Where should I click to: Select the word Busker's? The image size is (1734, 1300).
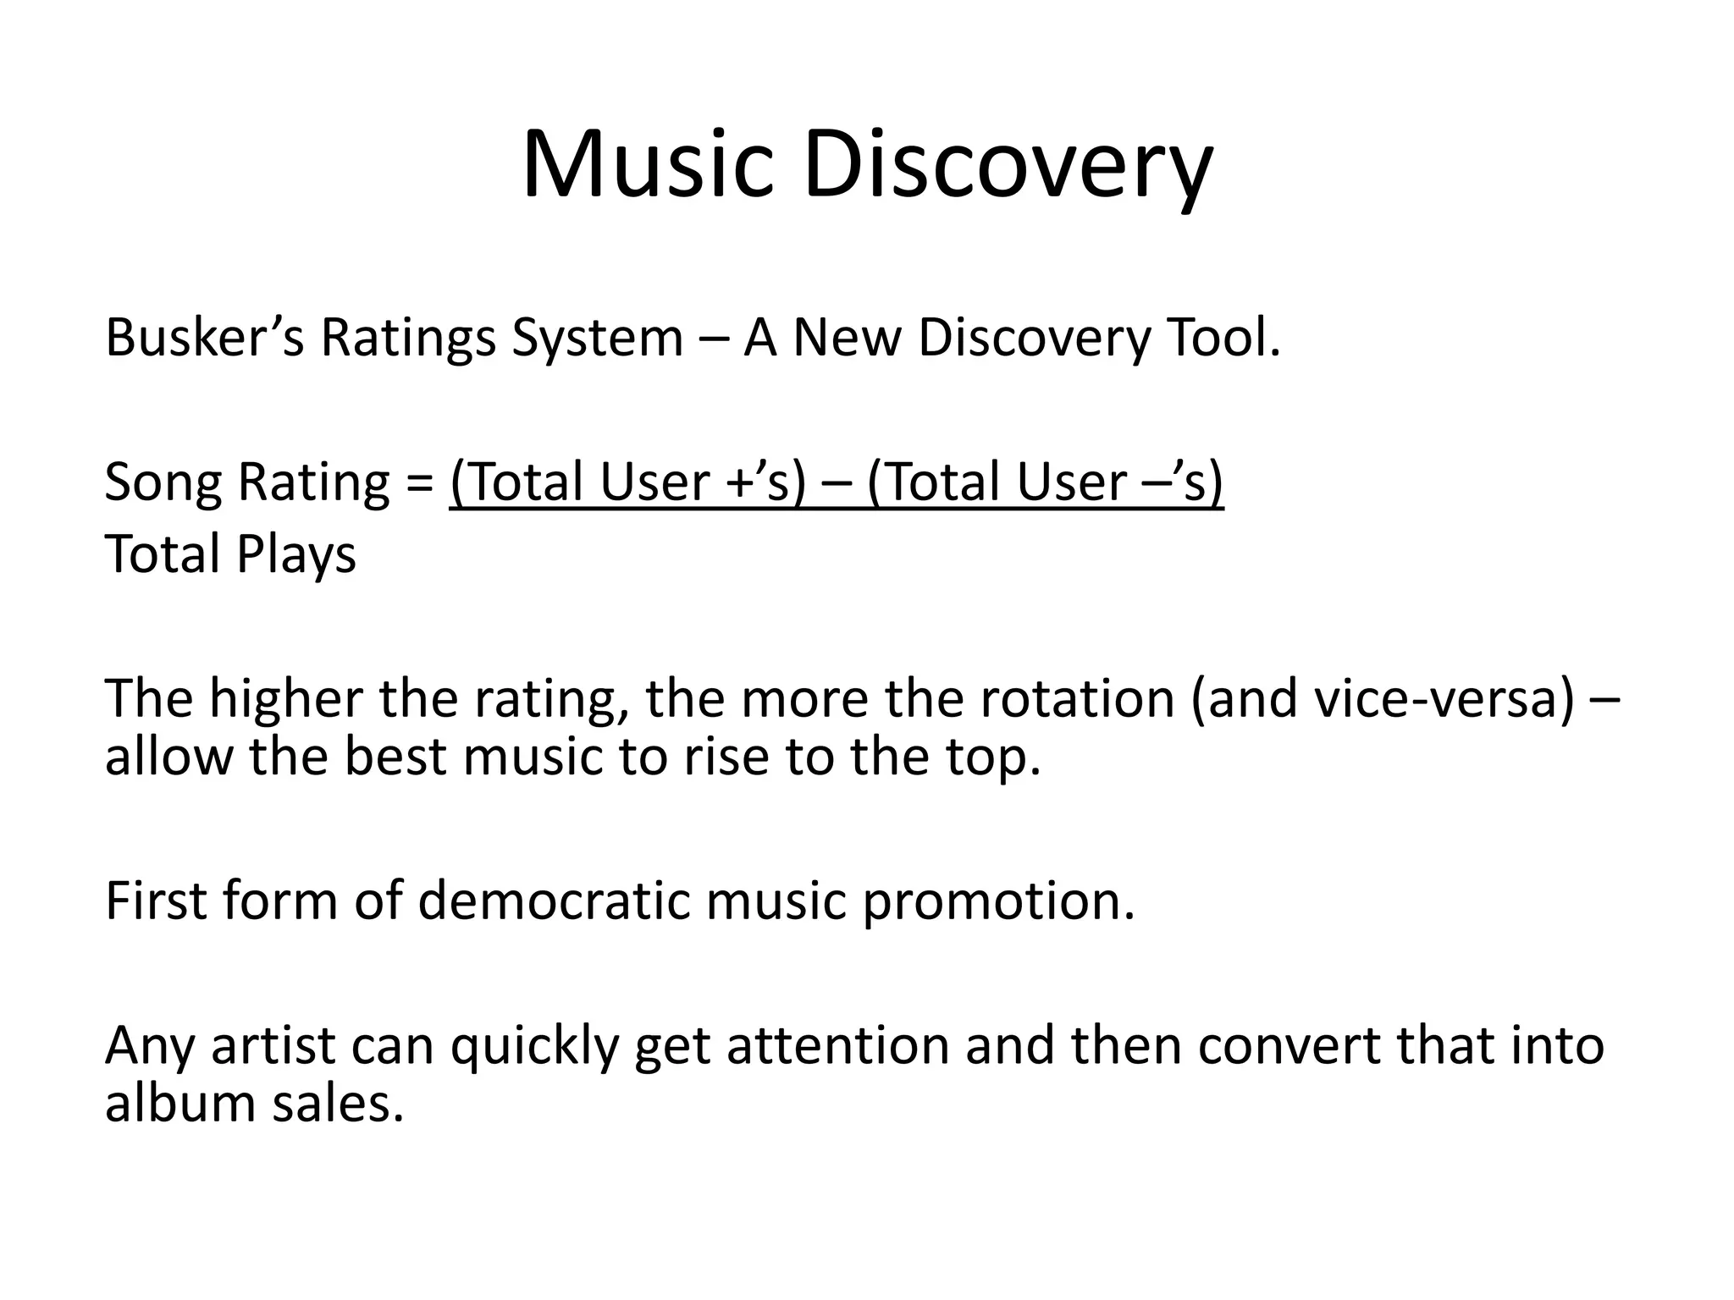click(x=204, y=338)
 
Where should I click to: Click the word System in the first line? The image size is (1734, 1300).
click(x=597, y=338)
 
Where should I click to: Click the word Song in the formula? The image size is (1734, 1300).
click(x=163, y=482)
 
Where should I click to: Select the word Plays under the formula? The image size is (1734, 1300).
click(x=296, y=555)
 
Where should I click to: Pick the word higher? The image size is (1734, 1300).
click(x=287, y=699)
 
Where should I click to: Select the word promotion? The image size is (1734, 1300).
click(x=998, y=902)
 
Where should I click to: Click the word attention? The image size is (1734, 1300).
click(x=838, y=1046)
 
